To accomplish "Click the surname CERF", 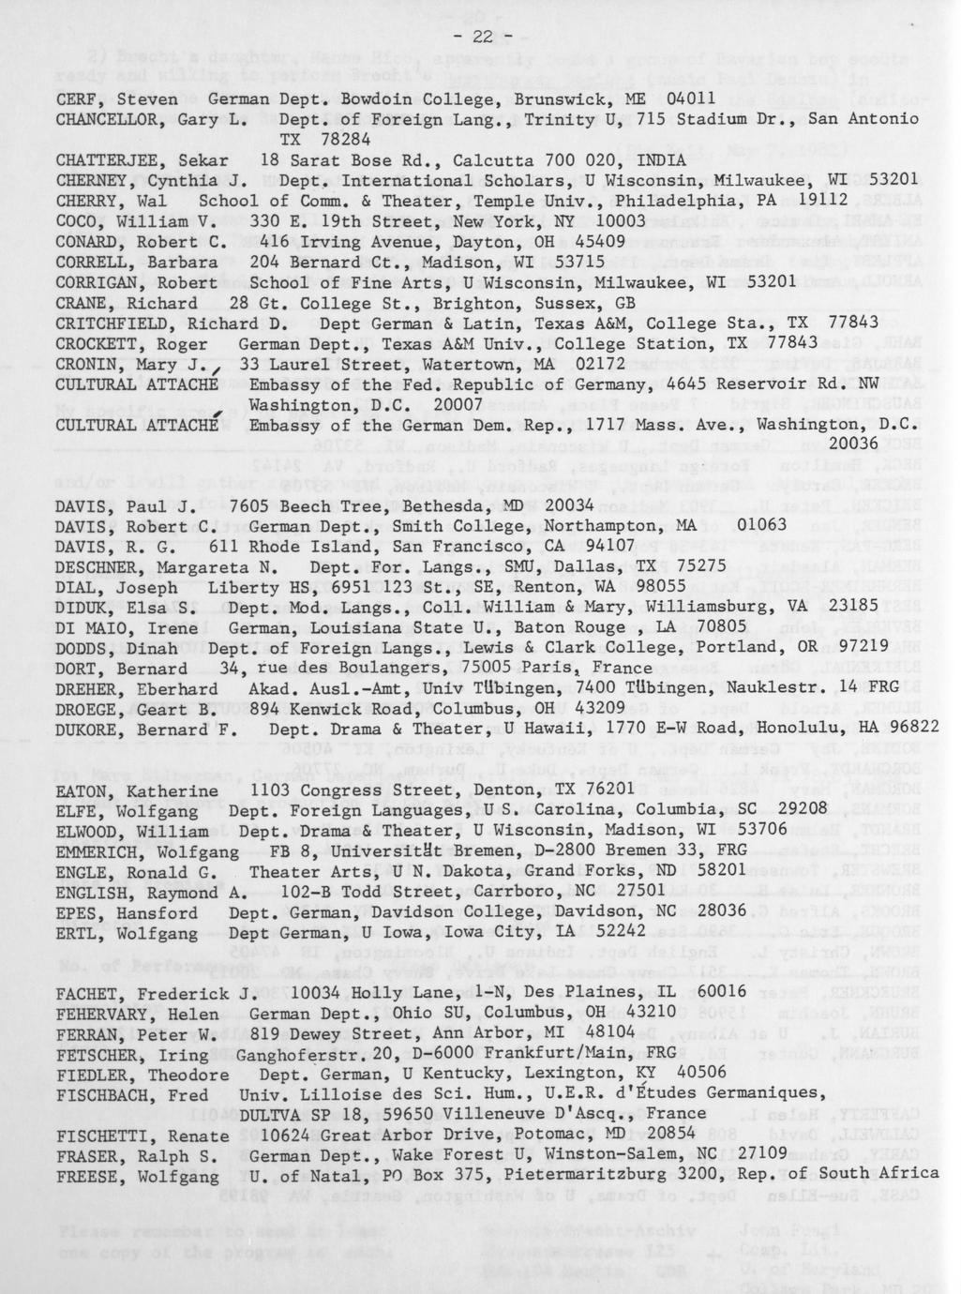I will click(x=77, y=98).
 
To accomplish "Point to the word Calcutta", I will click(x=488, y=159).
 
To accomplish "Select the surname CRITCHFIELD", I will click(x=116, y=322).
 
